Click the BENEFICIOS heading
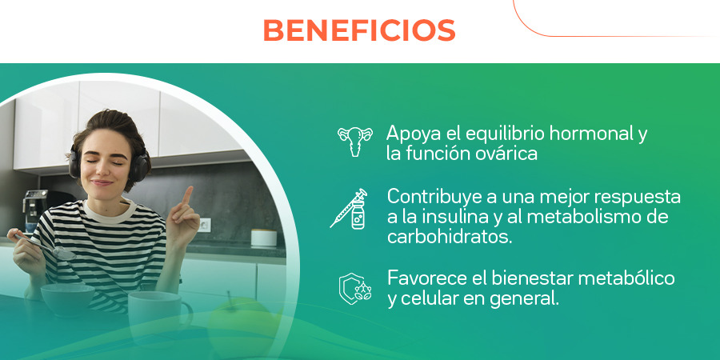pos(359,30)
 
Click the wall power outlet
pos(204,224)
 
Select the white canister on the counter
pos(263,238)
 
